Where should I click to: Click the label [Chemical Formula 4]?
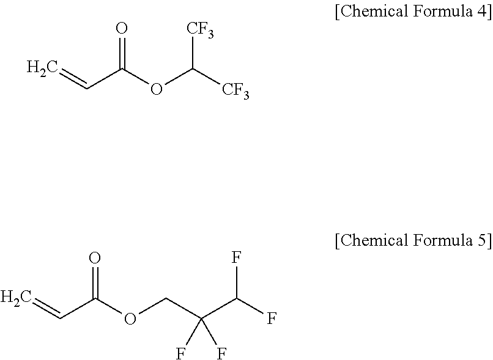tap(413, 13)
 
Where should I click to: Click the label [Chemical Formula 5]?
tap(413, 240)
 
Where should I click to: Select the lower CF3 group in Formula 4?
tap(235, 91)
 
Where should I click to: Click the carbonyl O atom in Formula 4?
tap(122, 29)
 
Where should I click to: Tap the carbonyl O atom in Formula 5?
tap(95, 259)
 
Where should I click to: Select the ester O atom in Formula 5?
tap(130, 319)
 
